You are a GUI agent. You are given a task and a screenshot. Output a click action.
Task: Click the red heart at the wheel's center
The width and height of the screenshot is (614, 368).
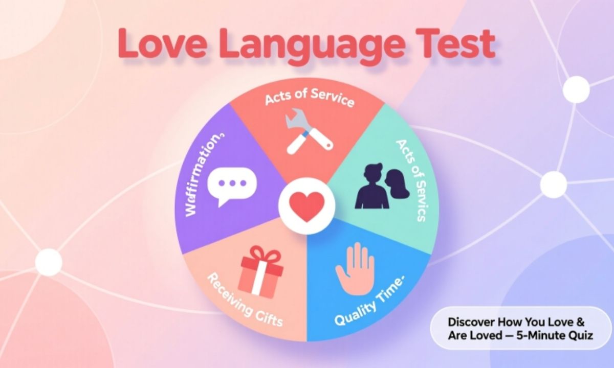coord(306,206)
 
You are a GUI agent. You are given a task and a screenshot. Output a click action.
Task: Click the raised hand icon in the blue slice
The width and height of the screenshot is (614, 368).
coord(355,269)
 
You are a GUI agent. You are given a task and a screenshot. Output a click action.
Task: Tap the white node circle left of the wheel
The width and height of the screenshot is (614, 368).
coord(49,262)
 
